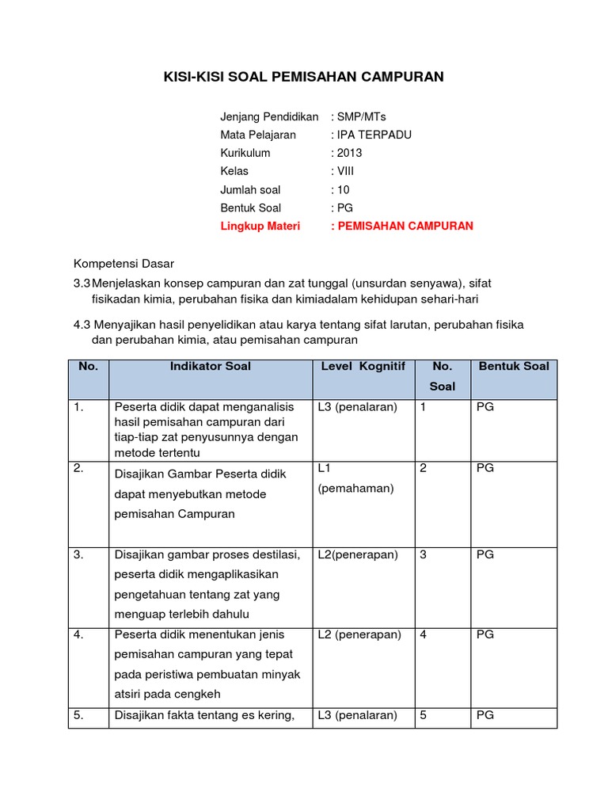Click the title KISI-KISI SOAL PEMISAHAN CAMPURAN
(x=303, y=77)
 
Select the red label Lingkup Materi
(x=262, y=226)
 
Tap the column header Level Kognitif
(x=363, y=366)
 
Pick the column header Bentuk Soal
(x=513, y=366)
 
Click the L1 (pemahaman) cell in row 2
(x=355, y=478)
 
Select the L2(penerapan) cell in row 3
(x=358, y=554)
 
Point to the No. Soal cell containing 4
(x=424, y=634)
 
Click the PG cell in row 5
(x=485, y=714)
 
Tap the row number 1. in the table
(x=78, y=407)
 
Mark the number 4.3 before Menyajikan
(x=83, y=325)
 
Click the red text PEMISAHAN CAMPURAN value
(x=405, y=226)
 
